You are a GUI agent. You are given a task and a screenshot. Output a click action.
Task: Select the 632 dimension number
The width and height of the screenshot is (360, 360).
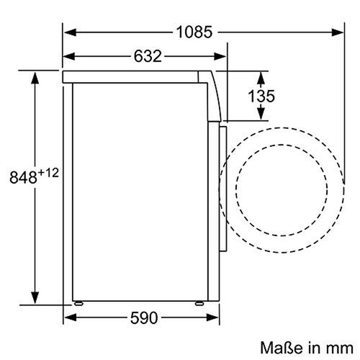pyautogui.click(x=147, y=55)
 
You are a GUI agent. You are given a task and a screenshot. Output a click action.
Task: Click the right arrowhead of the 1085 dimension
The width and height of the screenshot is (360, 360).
pyautogui.click(x=338, y=32)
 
